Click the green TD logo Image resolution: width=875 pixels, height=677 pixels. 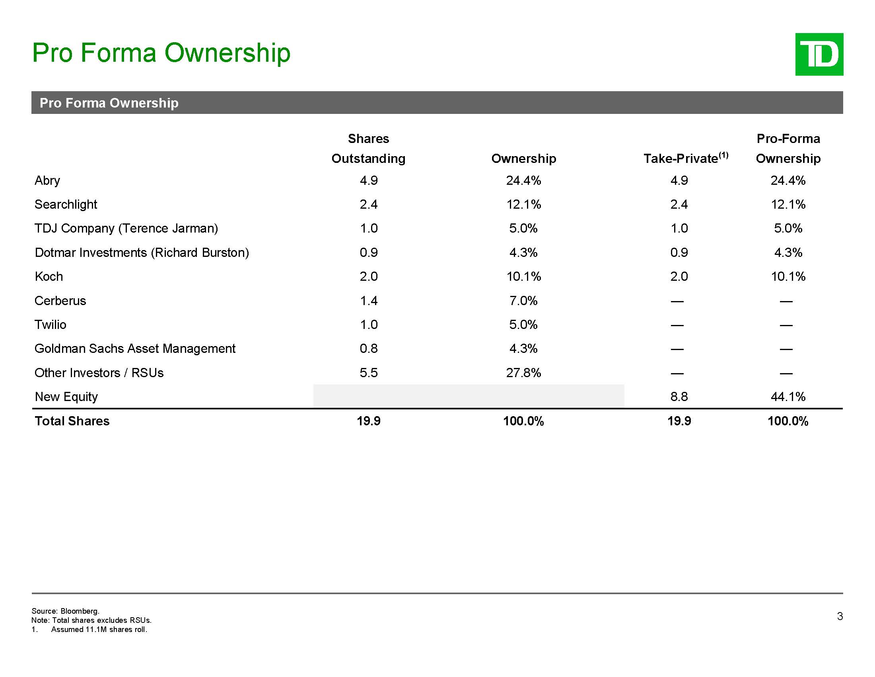[819, 54]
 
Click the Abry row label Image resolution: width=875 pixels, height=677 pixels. [47, 180]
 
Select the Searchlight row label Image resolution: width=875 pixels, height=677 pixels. [66, 205]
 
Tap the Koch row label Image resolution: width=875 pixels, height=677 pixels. [49, 276]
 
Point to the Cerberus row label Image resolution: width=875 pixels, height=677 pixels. [60, 301]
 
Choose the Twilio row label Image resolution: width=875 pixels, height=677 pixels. [51, 325]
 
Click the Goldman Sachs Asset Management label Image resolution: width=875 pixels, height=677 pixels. [135, 348]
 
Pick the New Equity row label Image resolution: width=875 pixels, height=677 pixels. [66, 397]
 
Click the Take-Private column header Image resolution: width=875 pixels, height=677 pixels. [685, 158]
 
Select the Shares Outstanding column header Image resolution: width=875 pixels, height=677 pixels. [368, 149]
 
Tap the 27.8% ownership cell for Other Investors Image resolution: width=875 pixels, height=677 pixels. [523, 373]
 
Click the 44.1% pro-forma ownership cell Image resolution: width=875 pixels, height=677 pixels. [787, 397]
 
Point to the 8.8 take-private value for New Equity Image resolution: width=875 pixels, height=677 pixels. [679, 397]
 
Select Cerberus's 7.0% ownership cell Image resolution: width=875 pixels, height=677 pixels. [523, 301]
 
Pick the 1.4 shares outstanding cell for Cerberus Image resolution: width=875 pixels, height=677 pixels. [368, 301]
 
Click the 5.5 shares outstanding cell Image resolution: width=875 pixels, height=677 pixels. [368, 373]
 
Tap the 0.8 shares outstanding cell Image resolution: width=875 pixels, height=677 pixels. [368, 348]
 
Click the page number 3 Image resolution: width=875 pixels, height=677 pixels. [840, 616]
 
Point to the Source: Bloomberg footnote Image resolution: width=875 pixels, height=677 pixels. [65, 611]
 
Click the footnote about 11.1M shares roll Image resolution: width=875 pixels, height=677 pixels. [99, 629]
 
